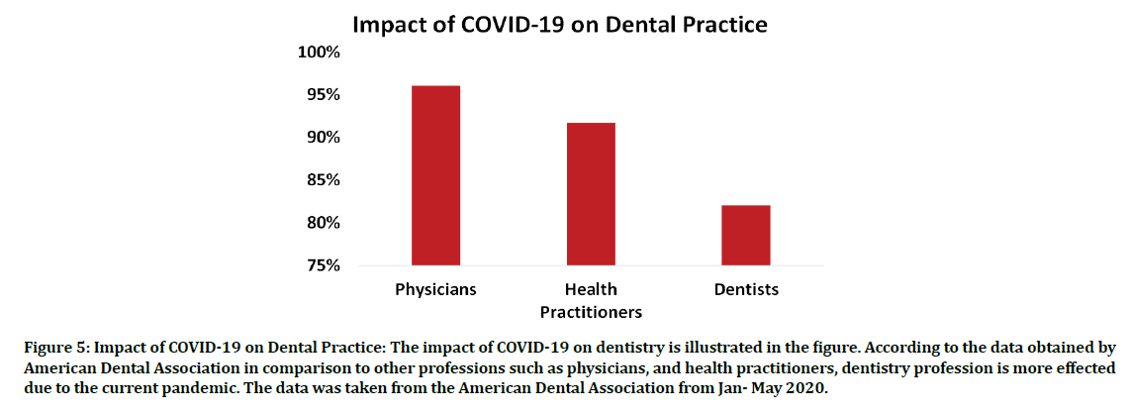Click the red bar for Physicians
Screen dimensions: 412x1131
(x=435, y=175)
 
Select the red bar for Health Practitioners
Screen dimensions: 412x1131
(x=591, y=194)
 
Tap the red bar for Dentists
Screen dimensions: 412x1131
(x=746, y=235)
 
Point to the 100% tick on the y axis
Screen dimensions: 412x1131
(x=319, y=51)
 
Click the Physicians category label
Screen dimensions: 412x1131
(x=435, y=290)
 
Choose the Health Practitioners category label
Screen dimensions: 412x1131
(x=591, y=301)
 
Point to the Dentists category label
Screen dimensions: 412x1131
(x=746, y=290)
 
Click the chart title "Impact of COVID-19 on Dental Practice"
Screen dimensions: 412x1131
(x=563, y=24)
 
